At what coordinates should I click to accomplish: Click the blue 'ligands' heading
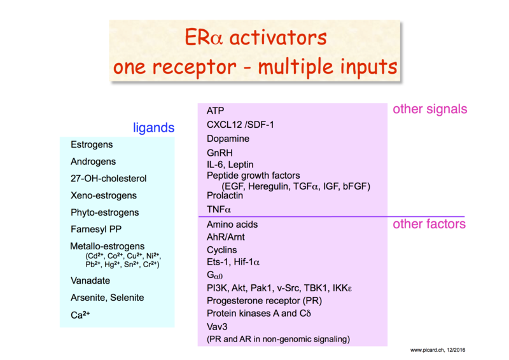153,128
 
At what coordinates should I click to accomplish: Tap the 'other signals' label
430,109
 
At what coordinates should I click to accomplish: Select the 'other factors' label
429,224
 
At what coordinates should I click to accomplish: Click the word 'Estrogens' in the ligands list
92,145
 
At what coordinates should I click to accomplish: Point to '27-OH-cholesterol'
108,179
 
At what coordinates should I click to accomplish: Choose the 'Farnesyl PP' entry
96,230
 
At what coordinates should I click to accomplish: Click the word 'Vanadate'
90,280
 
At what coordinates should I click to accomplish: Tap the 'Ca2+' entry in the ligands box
80,315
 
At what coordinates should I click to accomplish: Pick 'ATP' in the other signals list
215,111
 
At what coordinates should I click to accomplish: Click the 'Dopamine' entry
228,139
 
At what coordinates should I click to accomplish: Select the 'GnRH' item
220,153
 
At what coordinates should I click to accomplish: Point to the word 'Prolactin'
225,195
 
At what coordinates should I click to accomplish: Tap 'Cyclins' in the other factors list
221,250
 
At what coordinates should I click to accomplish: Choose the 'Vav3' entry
217,326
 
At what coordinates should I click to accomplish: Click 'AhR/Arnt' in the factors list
226,237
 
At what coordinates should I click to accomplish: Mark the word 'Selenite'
127,298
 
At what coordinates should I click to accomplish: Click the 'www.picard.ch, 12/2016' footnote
438,350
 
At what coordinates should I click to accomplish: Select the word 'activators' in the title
278,38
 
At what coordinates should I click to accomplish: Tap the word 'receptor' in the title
194,67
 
